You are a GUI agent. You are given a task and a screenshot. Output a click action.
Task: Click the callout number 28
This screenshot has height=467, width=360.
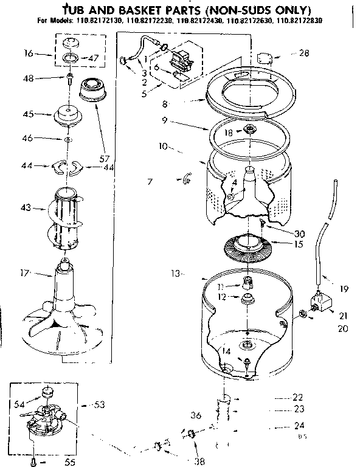[303, 54]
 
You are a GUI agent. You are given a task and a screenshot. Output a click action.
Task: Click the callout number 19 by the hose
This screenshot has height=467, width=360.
[344, 289]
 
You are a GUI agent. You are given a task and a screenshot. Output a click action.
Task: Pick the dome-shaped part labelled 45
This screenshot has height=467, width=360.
[68, 114]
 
